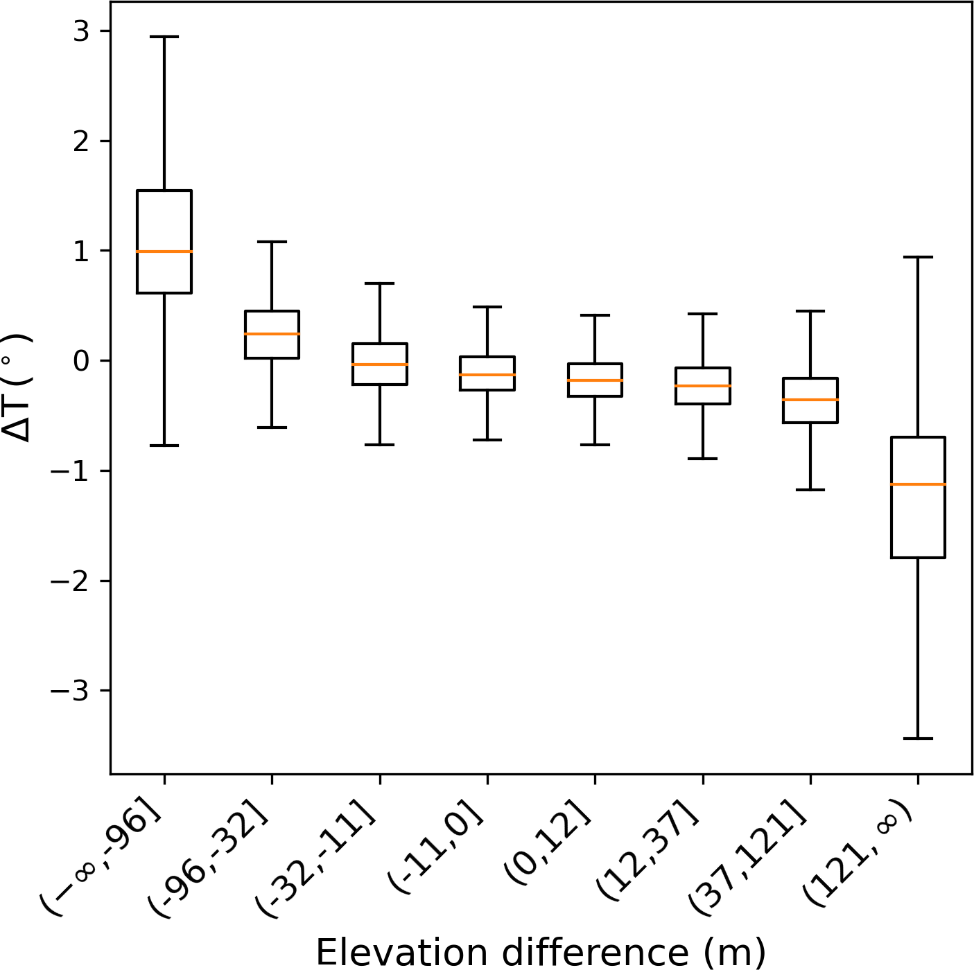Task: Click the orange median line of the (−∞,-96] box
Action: (x=164, y=251)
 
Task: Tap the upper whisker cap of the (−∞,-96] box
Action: (x=164, y=37)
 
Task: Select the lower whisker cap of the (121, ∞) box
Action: (x=918, y=739)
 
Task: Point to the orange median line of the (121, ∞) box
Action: (x=918, y=484)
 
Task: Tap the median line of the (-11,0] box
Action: (x=487, y=375)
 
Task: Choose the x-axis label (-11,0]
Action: (x=438, y=851)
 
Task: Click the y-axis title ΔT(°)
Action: (x=17, y=388)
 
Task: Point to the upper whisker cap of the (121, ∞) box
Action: (x=918, y=257)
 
